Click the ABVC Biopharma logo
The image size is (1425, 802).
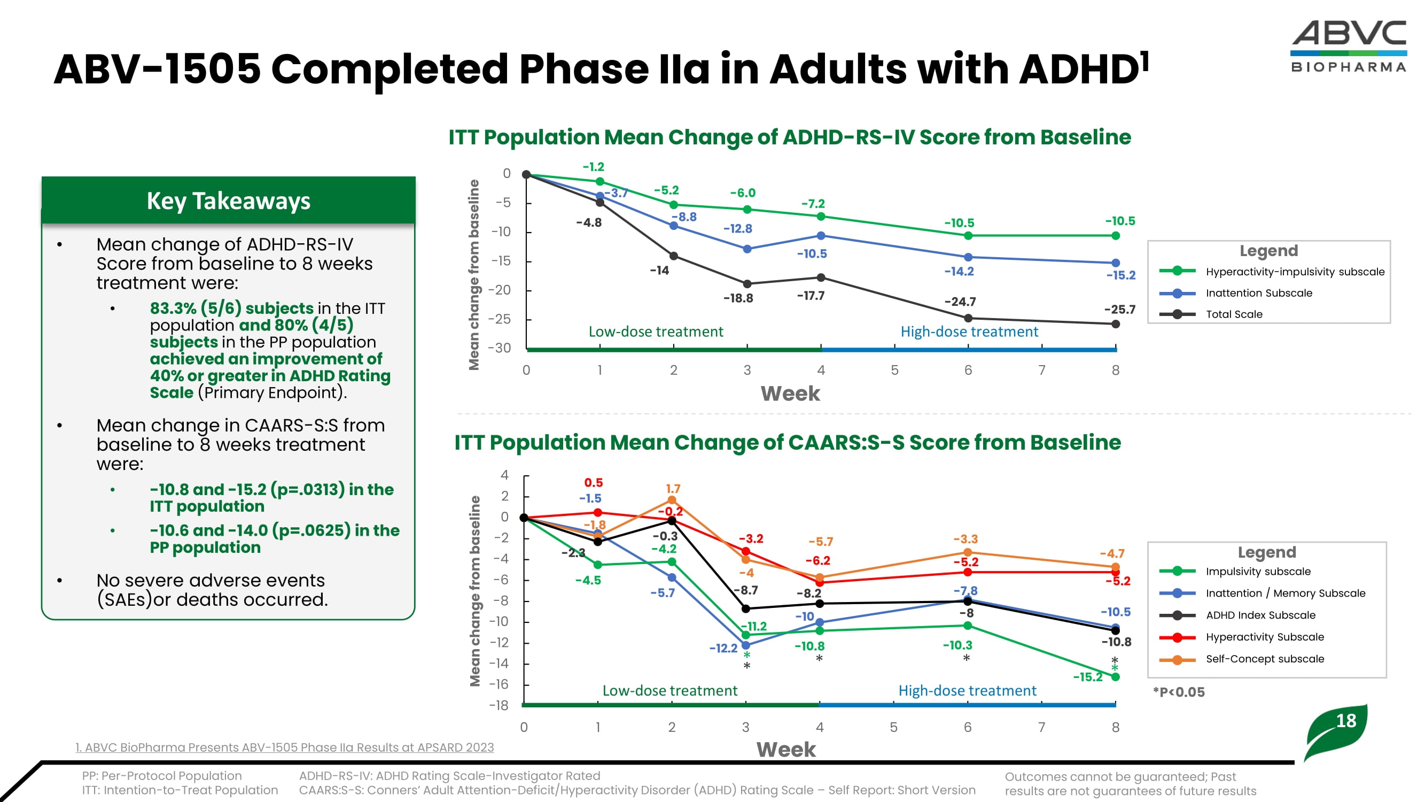(1349, 47)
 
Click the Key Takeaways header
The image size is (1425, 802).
(229, 200)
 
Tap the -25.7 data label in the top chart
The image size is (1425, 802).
(1119, 310)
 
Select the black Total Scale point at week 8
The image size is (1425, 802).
(1115, 325)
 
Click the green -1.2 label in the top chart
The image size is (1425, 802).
(593, 167)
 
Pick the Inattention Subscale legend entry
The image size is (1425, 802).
(1258, 293)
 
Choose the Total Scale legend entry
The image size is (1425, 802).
(1234, 314)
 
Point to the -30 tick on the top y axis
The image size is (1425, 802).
(499, 348)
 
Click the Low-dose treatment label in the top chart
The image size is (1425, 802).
(656, 331)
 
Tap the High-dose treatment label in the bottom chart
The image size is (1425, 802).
(967, 691)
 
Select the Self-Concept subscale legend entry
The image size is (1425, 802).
(1265, 659)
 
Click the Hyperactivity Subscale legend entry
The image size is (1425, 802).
(1265, 637)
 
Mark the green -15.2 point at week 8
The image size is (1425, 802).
(1115, 677)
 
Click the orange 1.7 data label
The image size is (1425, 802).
(673, 489)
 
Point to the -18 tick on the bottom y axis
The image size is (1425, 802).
(499, 705)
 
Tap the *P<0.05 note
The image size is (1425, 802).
(1178, 692)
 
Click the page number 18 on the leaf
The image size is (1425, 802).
(1346, 721)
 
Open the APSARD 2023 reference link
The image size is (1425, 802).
(284, 747)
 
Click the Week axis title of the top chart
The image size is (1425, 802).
(790, 394)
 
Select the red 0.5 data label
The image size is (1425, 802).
(593, 483)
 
